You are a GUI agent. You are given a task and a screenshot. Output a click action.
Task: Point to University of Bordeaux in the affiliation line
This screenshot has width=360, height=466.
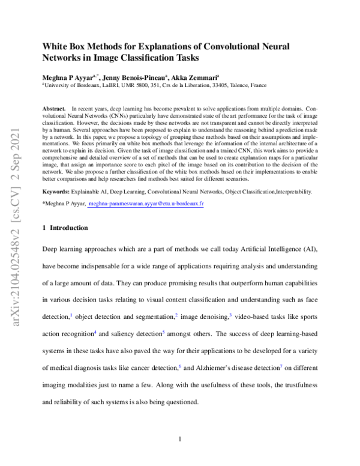click(68, 85)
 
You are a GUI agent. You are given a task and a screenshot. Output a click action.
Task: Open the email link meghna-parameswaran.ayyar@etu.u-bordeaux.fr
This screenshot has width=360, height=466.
click(154, 204)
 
